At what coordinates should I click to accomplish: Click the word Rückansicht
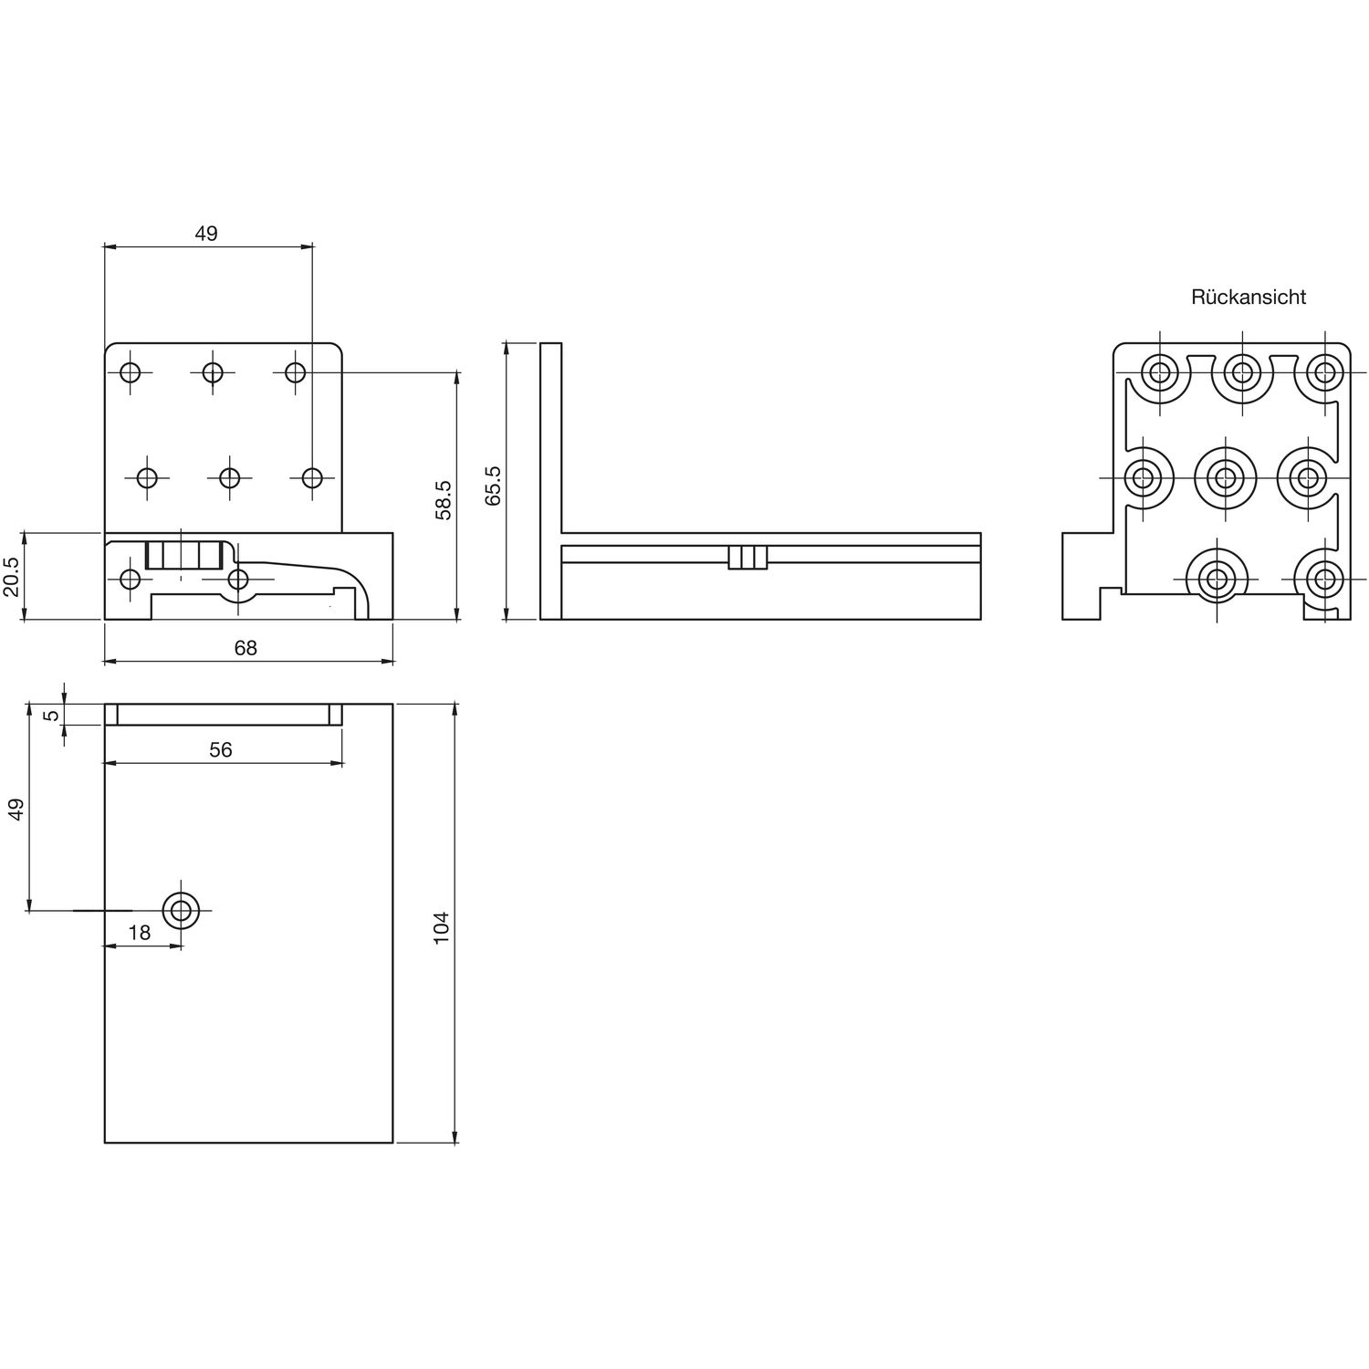tap(1248, 297)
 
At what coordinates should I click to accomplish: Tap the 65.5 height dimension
tap(494, 486)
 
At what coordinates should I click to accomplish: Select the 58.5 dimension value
tap(444, 500)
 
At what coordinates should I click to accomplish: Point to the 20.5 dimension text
tap(11, 577)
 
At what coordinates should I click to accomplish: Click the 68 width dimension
tap(246, 648)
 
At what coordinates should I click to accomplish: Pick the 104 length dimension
tap(442, 927)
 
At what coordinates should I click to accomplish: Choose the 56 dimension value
tap(221, 749)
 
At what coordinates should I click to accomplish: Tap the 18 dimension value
tap(140, 932)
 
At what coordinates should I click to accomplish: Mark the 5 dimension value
tap(53, 715)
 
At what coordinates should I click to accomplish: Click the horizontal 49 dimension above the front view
tap(206, 234)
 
